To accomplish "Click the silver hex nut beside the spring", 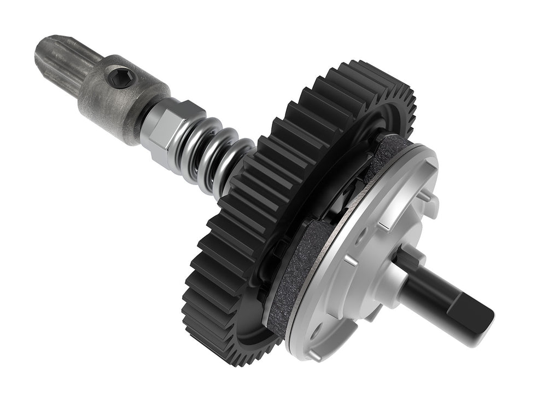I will coord(164,131).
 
